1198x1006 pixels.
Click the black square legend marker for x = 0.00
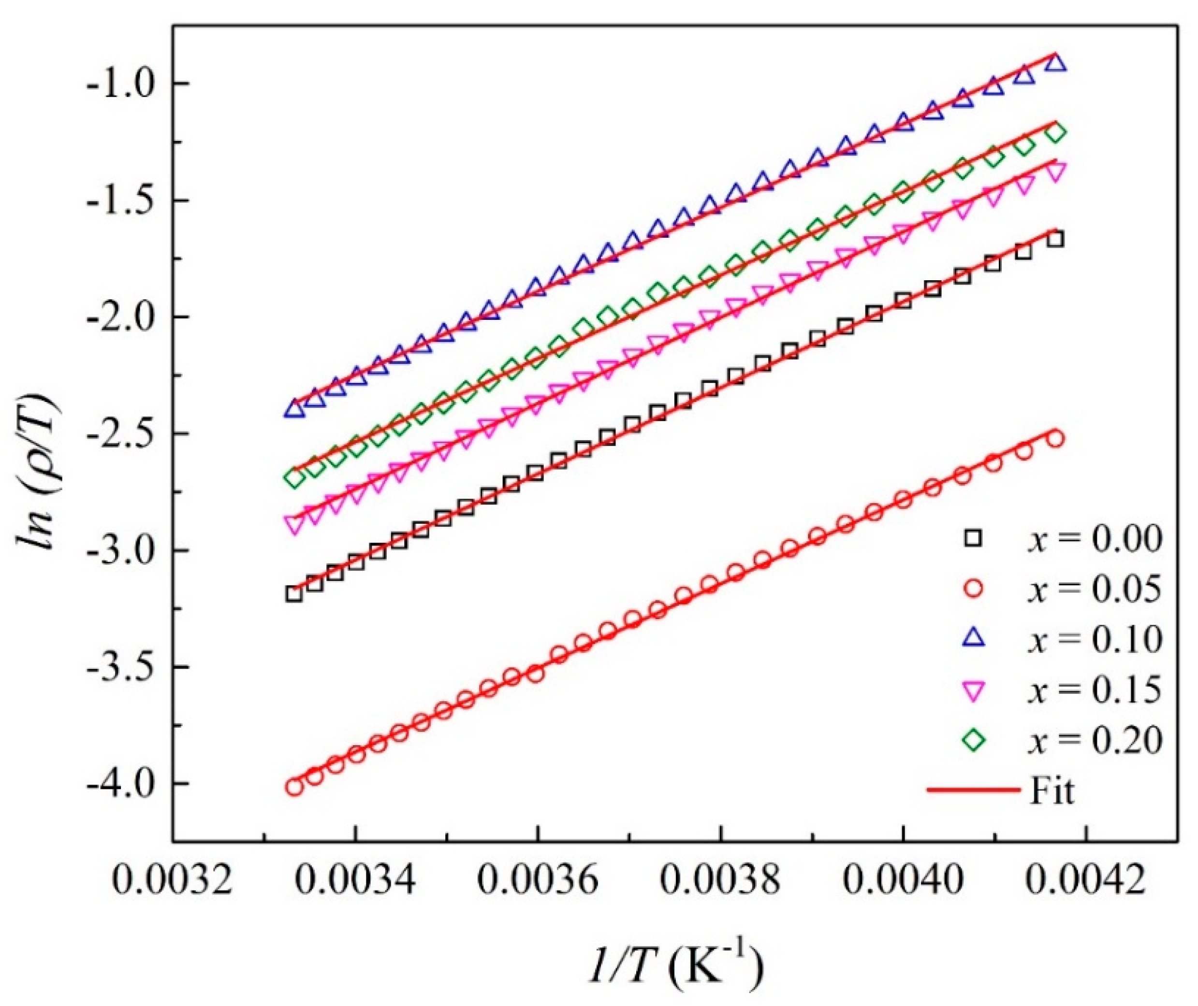tap(973, 538)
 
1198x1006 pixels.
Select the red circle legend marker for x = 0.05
tap(973, 589)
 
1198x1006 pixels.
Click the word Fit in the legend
tap(1052, 791)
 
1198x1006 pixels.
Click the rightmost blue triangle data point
tap(1055, 78)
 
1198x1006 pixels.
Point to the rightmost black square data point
tap(1055, 240)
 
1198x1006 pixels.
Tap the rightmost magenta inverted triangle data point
tap(1055, 171)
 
